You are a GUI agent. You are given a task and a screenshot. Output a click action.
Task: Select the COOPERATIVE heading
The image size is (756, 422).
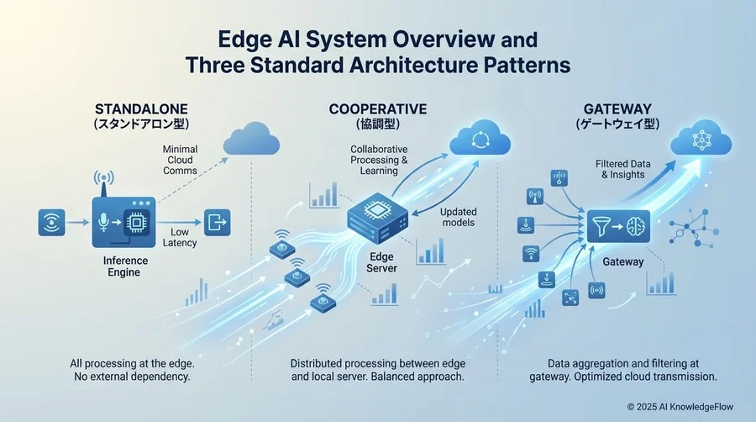378,109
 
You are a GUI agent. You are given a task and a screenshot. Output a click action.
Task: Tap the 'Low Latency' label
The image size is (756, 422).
183,237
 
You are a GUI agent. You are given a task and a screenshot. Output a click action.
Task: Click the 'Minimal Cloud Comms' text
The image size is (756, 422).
180,160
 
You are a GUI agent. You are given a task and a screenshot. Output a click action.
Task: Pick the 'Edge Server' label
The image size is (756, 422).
381,261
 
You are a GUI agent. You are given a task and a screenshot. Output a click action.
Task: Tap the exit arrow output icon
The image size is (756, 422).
218,221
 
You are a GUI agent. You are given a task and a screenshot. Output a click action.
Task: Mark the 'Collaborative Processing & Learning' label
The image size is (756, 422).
379,160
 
